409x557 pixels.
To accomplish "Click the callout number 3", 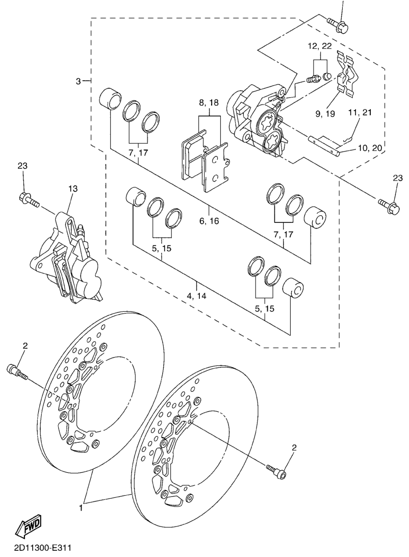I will tap(78, 82).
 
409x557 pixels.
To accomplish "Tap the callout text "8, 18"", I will tap(209, 103).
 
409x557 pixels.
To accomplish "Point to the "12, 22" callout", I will tap(320, 46).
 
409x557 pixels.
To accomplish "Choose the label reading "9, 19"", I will tap(325, 114).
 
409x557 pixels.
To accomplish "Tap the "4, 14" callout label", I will tap(196, 295).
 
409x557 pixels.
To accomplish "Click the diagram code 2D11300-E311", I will tap(35, 549).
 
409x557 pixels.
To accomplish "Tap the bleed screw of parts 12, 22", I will tap(313, 79).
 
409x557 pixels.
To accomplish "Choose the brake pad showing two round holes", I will tap(217, 168).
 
